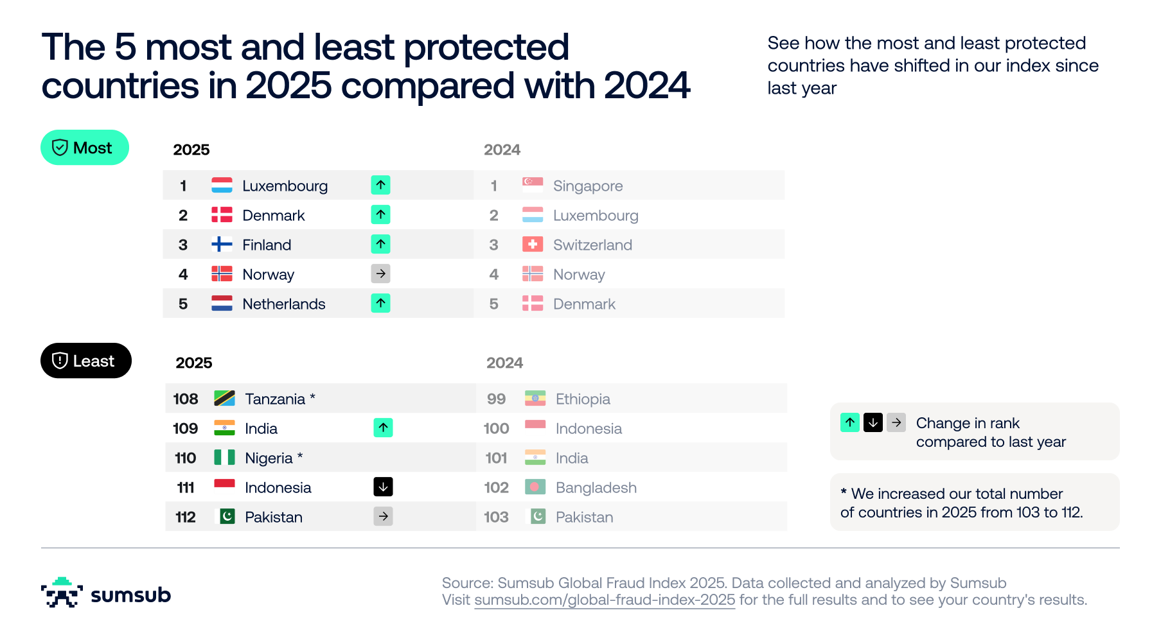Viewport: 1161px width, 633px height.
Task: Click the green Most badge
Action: tap(85, 148)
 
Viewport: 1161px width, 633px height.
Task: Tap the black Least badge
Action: tap(86, 361)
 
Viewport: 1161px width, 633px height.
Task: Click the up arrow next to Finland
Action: tap(381, 244)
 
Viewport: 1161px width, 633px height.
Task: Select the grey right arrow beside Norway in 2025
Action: tap(381, 273)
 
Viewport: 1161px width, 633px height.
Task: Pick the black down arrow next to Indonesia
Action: tap(384, 487)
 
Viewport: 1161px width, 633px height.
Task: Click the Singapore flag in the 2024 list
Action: tap(533, 185)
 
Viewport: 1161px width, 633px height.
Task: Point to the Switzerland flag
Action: tap(533, 244)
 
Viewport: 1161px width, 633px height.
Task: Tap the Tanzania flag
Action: tap(224, 398)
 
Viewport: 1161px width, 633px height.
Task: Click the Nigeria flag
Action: tap(224, 457)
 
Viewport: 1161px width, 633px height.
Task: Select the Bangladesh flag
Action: tap(535, 487)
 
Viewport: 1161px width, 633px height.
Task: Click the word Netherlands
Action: tap(284, 304)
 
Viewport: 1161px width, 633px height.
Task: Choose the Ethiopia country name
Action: tap(583, 399)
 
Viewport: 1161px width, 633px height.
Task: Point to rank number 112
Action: tap(186, 517)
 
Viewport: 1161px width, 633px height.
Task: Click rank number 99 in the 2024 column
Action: tap(496, 399)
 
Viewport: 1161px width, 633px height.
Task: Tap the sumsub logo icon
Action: tap(62, 593)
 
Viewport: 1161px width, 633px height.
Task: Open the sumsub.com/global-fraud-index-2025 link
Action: tap(605, 600)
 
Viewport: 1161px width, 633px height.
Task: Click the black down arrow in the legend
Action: tap(873, 422)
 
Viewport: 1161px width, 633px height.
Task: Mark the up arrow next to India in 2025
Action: tap(384, 428)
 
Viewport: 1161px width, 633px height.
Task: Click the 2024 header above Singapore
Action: tap(502, 150)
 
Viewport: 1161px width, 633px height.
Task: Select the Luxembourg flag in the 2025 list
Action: tap(222, 185)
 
